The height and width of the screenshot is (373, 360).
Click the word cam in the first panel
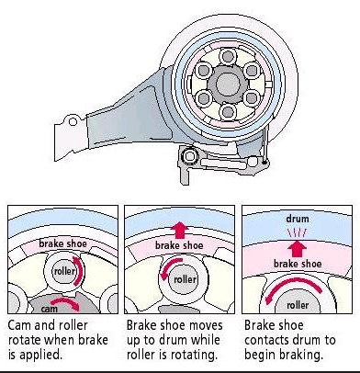(49, 309)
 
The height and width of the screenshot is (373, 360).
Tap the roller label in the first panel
(64, 271)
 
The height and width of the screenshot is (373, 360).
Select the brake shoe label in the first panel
(62, 243)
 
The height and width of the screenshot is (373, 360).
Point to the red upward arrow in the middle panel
(180, 230)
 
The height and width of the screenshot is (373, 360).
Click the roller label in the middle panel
(185, 279)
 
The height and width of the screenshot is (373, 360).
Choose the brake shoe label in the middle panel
(179, 245)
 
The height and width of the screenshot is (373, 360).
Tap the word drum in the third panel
(298, 219)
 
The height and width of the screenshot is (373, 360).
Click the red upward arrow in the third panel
(297, 249)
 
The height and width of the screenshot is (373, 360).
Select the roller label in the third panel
(298, 305)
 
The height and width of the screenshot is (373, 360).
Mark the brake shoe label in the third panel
(298, 264)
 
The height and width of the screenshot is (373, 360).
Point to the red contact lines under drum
(297, 234)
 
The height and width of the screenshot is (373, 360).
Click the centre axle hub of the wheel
(227, 84)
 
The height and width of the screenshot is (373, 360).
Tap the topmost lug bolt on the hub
(228, 56)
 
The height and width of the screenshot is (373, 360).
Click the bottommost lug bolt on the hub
(228, 111)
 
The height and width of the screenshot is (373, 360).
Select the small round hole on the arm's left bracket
(73, 121)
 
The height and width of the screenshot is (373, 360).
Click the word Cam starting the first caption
(19, 325)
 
